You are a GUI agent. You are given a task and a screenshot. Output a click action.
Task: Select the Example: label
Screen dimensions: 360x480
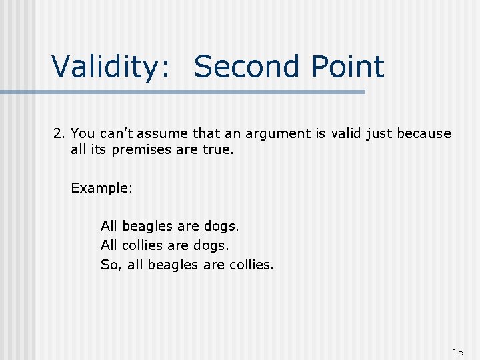102,188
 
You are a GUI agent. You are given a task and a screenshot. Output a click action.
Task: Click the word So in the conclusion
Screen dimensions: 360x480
109,265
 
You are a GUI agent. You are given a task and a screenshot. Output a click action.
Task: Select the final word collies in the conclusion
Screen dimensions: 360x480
251,265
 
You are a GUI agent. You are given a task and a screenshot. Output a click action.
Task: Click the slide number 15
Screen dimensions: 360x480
457,351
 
